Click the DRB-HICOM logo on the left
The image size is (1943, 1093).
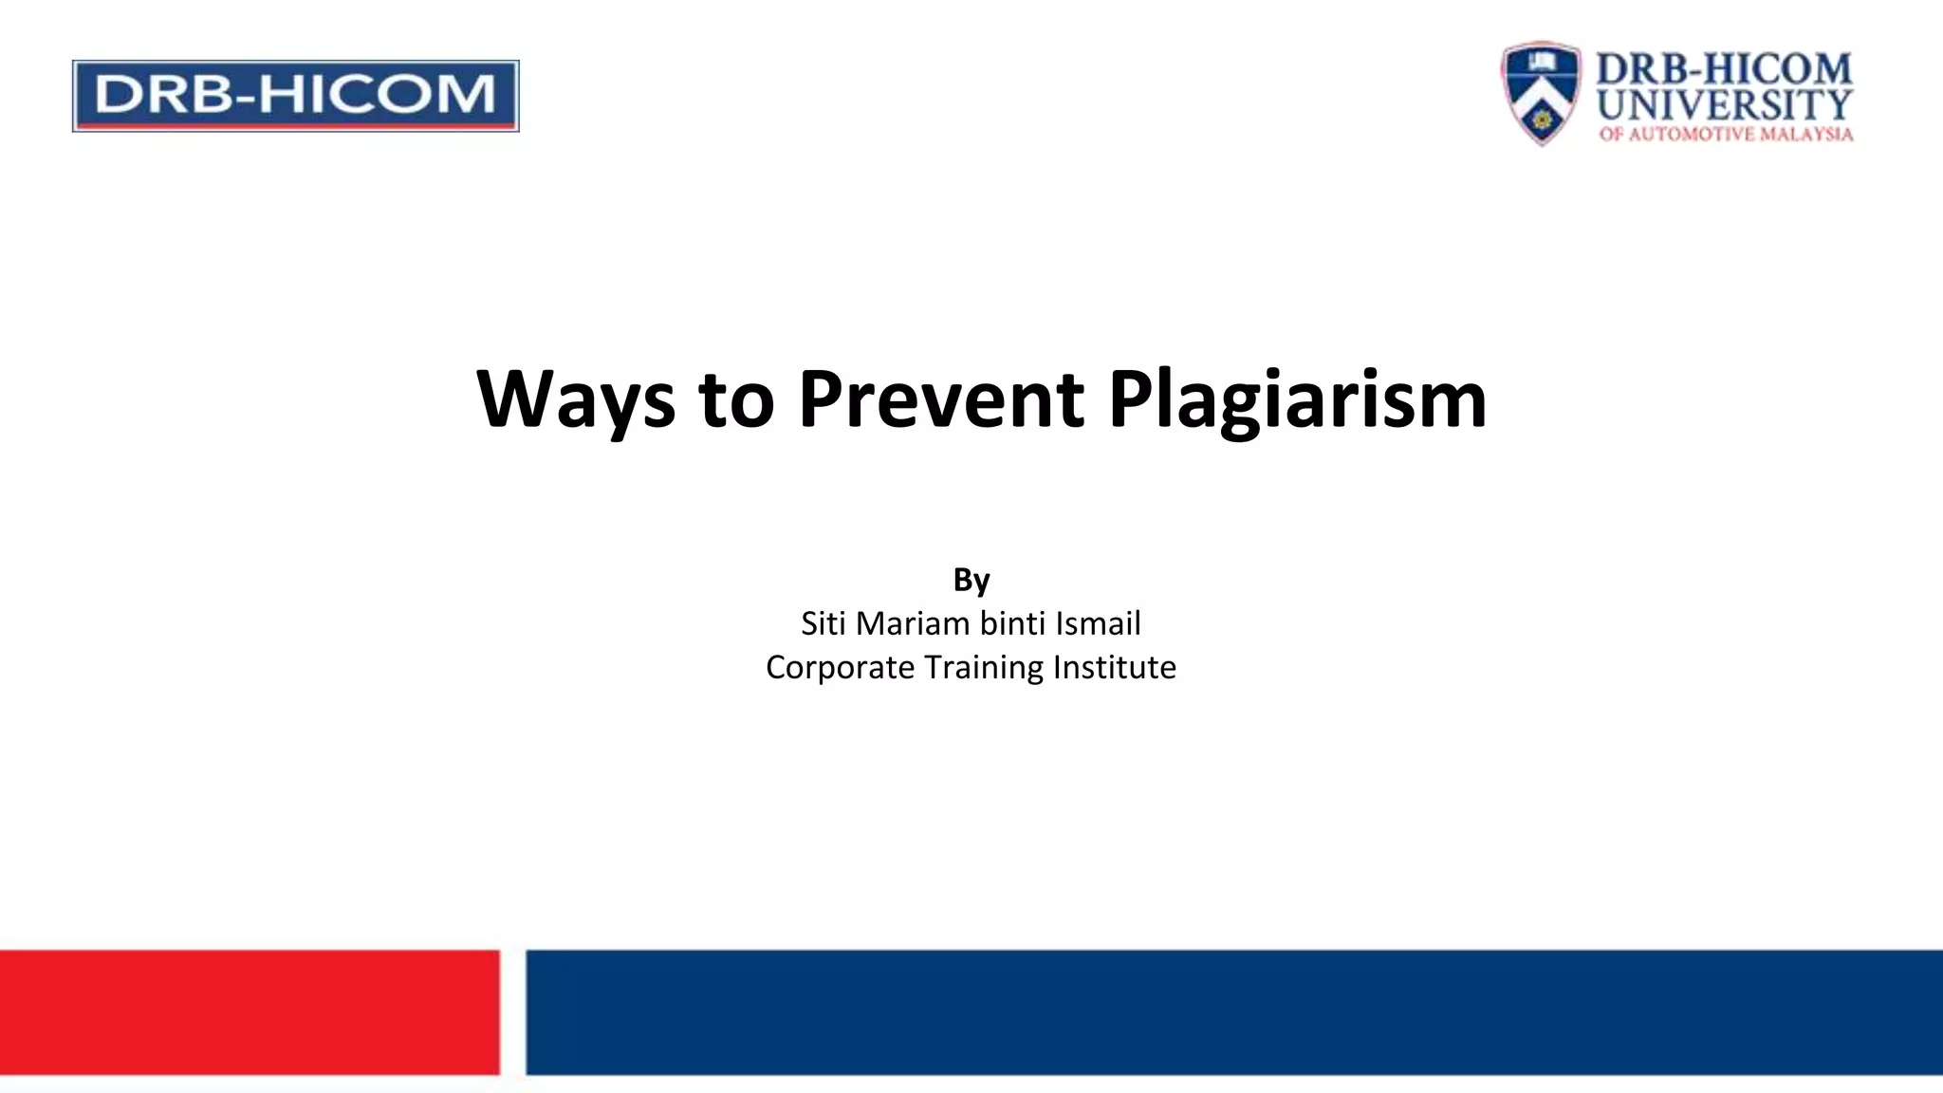coord(295,94)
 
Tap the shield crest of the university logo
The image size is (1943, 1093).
coord(1541,92)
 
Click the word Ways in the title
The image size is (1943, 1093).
coord(575,398)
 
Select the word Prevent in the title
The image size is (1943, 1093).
coord(940,398)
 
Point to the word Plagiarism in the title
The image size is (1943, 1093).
coord(1297,398)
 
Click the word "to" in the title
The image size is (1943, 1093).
coord(736,398)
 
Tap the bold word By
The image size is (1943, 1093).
coord(971,580)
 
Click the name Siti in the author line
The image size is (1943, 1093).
coord(823,623)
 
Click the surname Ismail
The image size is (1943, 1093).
coord(1099,623)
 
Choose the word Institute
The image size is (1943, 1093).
coord(1115,667)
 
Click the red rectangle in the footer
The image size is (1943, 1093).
coord(250,1011)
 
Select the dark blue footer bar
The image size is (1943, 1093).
coord(1233,1011)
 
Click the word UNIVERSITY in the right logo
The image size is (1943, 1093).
coord(1724,104)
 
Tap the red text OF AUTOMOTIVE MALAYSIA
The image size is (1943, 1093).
coord(1725,134)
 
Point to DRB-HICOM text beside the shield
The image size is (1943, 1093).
coord(1724,69)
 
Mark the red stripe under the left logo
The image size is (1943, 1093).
coord(295,124)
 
